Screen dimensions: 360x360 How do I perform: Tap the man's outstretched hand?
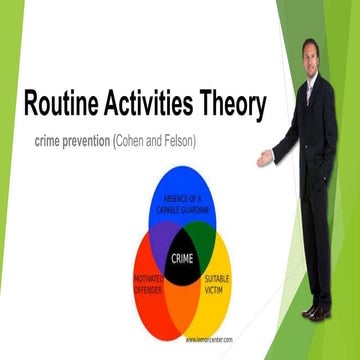pos(264,158)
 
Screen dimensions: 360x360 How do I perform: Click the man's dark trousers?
pos(317,240)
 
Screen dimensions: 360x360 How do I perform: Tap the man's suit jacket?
pos(322,130)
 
